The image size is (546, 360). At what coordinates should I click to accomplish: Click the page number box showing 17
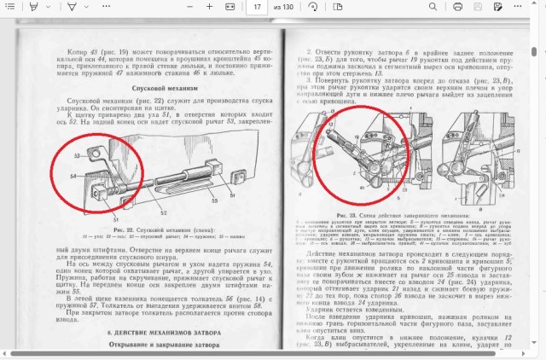click(258, 7)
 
